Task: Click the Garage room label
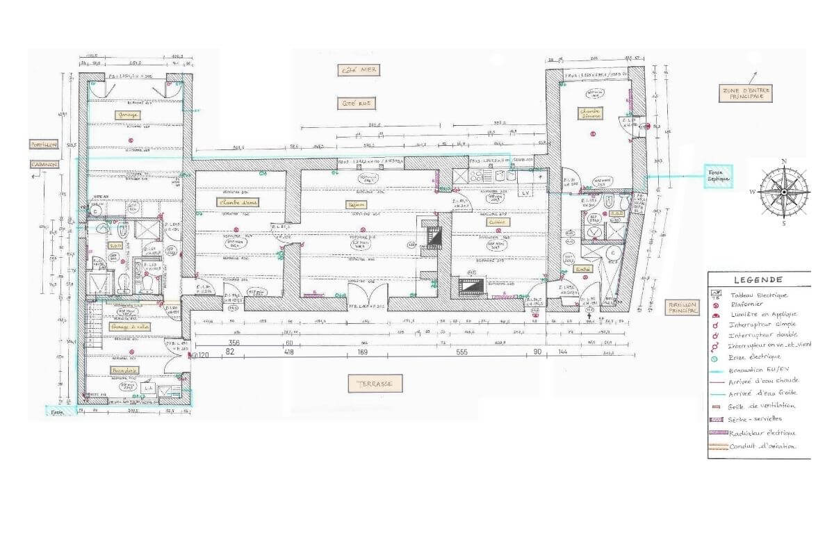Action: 129,115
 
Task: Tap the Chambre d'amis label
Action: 238,202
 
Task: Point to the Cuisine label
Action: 498,222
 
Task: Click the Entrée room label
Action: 582,269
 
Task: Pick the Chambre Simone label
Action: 591,113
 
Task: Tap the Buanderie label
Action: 124,371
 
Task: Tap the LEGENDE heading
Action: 758,280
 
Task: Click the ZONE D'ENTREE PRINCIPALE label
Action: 746,93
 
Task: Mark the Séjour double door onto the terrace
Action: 367,295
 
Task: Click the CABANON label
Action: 43,164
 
